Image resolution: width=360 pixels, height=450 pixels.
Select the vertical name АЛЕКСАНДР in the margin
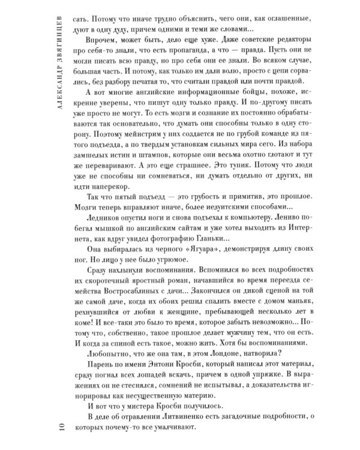[56, 109]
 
